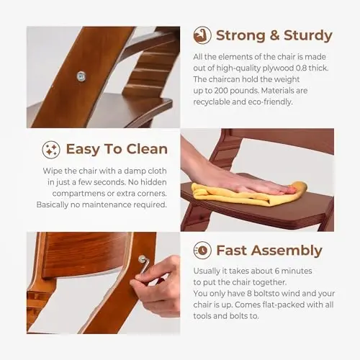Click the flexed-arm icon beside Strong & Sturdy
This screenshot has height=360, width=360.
tap(202, 35)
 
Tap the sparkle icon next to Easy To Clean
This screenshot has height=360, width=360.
tap(51, 150)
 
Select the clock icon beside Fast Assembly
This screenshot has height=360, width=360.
tap(202, 251)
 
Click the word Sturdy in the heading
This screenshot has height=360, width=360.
tap(308, 36)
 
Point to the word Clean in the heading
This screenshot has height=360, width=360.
tap(147, 149)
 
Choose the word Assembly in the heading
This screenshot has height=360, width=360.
tap(287, 251)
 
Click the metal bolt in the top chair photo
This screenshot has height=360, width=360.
tap(81, 76)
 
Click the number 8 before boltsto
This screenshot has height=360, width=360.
tap(249, 294)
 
